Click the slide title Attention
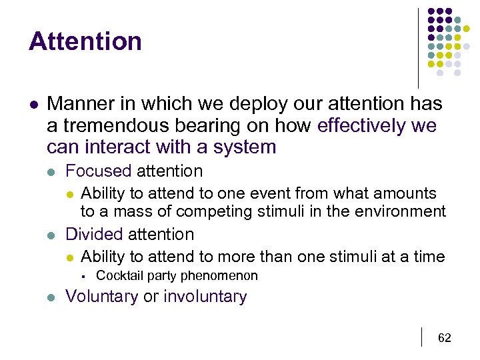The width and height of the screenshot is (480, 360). (x=85, y=41)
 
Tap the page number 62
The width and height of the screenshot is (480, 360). (x=444, y=338)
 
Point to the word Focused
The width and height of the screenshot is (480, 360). (x=99, y=171)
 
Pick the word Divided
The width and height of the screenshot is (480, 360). (x=94, y=234)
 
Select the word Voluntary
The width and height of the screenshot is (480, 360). (x=102, y=297)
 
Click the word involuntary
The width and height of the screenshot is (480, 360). (x=205, y=297)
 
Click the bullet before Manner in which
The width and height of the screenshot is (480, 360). (x=33, y=105)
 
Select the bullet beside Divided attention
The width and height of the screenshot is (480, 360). (x=52, y=235)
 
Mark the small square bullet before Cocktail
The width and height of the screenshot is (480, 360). (x=84, y=276)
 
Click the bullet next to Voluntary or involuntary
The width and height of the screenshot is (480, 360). (x=52, y=297)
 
